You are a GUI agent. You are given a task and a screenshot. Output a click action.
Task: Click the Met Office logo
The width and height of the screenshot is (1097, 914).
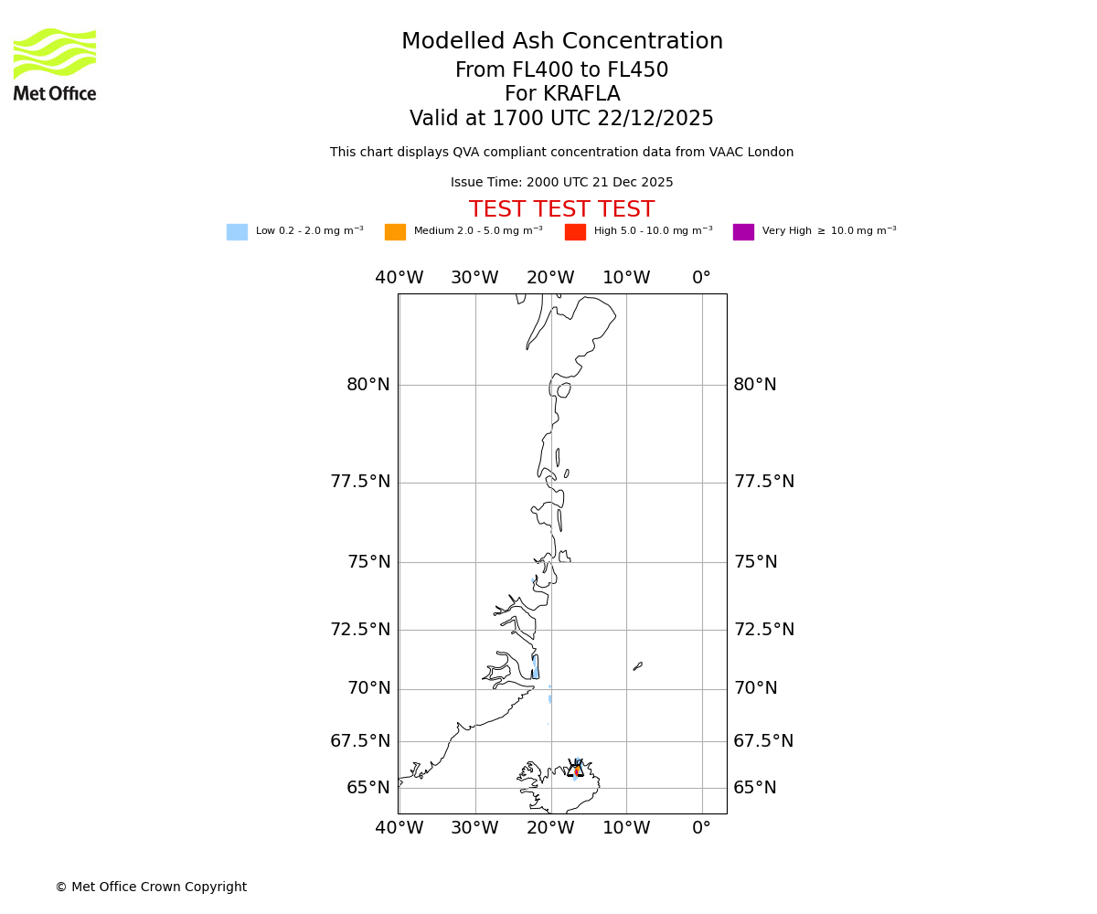coord(55,64)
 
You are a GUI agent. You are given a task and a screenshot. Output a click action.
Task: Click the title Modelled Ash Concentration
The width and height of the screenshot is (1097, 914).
coord(561,42)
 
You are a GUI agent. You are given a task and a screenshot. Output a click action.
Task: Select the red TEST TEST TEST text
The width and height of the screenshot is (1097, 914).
coord(561,210)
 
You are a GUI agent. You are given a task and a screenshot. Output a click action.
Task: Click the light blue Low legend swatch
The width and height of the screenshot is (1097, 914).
coord(237,232)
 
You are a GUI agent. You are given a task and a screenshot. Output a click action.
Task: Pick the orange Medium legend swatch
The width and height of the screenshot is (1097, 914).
coord(395,232)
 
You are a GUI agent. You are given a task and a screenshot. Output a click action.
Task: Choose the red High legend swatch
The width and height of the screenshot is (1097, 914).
coord(575,232)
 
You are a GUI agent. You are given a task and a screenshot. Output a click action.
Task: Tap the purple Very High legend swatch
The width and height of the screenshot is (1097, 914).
coord(743,232)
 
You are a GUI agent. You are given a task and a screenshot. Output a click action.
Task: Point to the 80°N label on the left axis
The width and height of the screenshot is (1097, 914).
coord(368,385)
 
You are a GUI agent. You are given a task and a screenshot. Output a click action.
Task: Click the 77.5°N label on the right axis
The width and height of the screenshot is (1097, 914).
coord(763,482)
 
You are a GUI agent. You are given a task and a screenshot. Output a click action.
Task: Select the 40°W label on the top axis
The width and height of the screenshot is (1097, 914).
coord(399,278)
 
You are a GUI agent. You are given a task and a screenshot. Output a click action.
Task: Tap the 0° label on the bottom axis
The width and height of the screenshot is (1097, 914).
coord(701,828)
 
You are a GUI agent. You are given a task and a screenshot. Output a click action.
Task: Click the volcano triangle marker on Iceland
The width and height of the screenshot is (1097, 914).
coord(575,770)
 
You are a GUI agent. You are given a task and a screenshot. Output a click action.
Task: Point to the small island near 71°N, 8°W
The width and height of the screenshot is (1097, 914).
coord(637,666)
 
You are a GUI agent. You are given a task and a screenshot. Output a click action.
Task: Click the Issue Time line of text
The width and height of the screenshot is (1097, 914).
coord(561,183)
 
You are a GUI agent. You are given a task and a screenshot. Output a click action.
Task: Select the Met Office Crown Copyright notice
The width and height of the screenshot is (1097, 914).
coord(151,887)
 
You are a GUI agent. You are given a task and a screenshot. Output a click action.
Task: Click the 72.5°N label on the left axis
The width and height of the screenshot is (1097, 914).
coord(360,630)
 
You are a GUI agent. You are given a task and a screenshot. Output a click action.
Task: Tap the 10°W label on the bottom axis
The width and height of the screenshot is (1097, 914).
coord(626,828)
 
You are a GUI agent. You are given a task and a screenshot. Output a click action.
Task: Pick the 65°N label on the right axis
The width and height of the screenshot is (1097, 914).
coord(755,788)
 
